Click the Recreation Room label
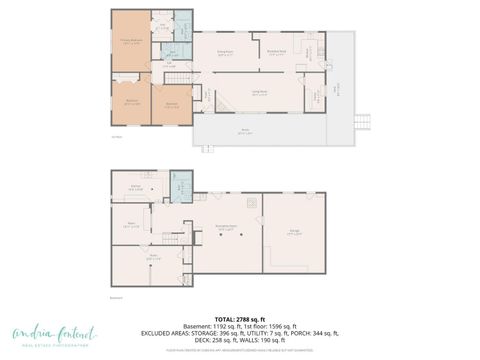click(225, 229)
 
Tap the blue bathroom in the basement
click(180, 186)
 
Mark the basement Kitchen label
click(134, 187)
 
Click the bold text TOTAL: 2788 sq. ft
click(239, 317)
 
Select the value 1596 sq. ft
click(277, 325)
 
